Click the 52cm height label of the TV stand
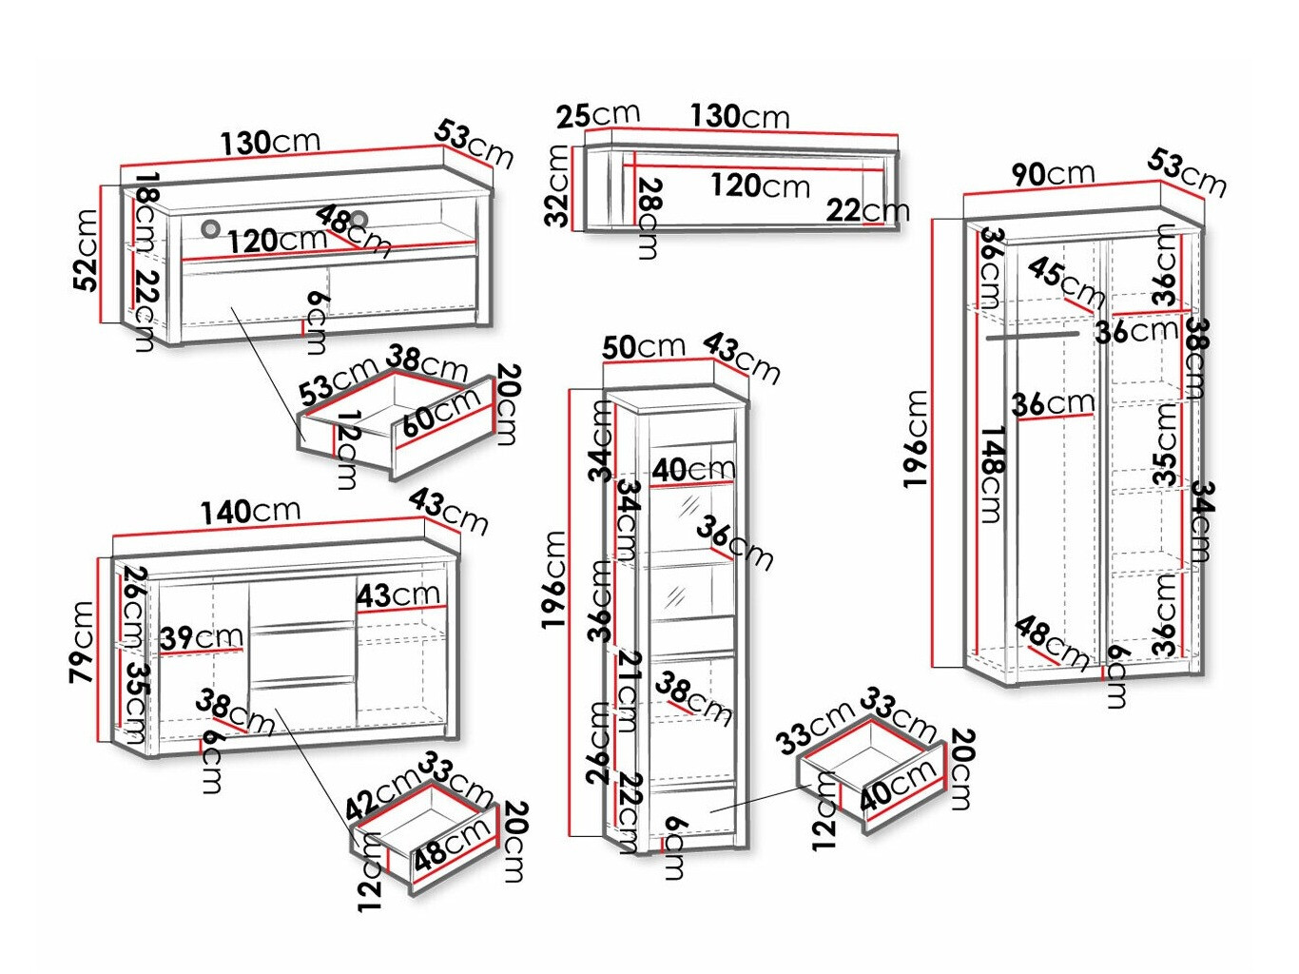pos(87,250)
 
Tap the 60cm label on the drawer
pos(440,413)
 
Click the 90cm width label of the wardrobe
pos(1053,173)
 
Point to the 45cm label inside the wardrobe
pos(1065,281)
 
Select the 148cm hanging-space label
pos(990,474)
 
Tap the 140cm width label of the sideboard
pos(250,511)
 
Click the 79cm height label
pos(82,641)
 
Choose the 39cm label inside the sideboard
pos(202,636)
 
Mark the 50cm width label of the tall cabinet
pos(644,346)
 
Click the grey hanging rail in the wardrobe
pos(1033,335)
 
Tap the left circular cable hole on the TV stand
pos(210,228)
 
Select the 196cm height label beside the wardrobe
pos(916,438)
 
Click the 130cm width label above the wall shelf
pos(740,116)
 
